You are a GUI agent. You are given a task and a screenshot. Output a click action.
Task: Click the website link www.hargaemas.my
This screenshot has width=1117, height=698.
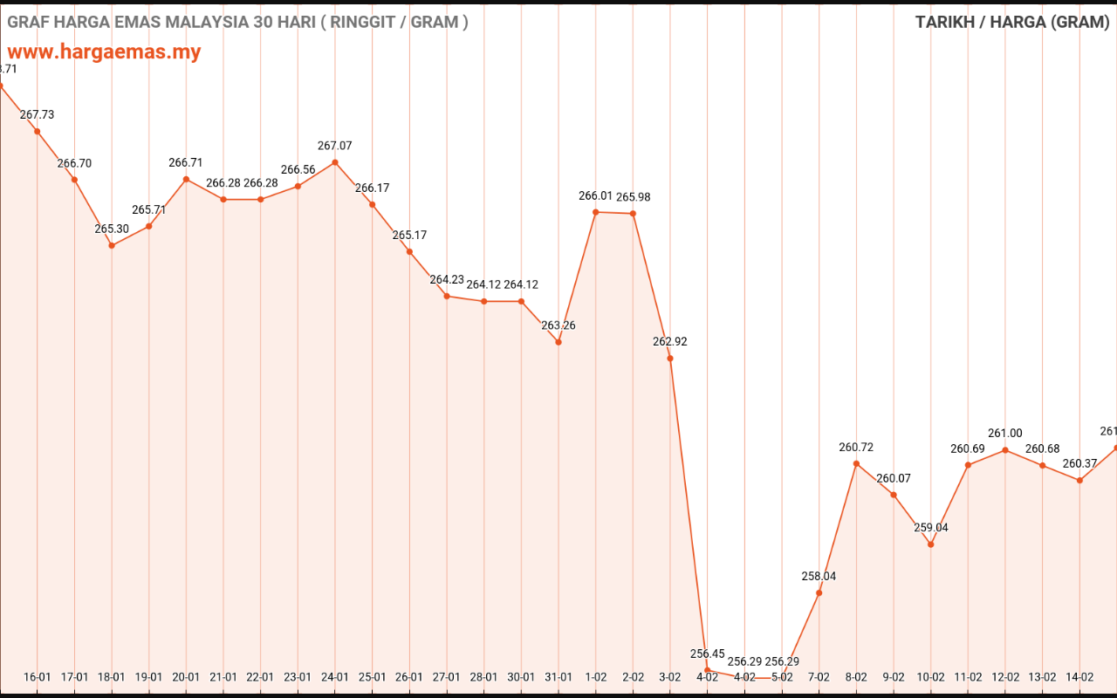[104, 51]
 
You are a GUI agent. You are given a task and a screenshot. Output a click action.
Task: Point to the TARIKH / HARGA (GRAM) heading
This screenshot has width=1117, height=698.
[1011, 22]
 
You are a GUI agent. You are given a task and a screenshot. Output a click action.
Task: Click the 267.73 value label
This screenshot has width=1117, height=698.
[37, 114]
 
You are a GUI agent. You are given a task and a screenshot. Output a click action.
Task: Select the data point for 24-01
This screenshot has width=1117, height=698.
[335, 162]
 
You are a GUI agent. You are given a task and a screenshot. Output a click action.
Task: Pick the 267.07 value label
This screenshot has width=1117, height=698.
[335, 146]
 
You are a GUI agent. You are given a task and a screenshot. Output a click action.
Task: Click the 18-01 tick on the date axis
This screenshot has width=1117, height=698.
[112, 676]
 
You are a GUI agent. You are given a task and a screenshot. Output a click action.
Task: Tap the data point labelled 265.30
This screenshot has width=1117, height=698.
[112, 245]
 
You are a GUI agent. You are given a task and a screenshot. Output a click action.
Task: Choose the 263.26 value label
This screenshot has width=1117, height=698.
[558, 325]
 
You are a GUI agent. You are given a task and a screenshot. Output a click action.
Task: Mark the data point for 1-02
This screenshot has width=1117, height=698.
[596, 212]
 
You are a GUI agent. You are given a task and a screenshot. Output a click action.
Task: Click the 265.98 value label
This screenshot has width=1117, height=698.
[633, 197]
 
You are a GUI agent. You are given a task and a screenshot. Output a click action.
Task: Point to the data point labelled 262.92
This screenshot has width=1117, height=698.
[670, 359]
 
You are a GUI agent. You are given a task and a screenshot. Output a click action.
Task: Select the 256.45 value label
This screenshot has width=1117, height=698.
[707, 654]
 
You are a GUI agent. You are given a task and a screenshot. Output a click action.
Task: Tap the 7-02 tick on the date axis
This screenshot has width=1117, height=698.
[819, 676]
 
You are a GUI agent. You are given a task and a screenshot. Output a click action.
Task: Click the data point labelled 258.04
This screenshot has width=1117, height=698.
[819, 593]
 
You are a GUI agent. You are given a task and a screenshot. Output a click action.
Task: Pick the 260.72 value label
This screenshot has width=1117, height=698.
[856, 448]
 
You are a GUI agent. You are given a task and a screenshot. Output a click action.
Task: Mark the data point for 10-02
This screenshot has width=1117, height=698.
[930, 544]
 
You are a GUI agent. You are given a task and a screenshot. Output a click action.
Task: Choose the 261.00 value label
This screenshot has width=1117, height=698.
[1005, 434]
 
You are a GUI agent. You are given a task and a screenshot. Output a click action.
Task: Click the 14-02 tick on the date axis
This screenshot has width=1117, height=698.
[1079, 676]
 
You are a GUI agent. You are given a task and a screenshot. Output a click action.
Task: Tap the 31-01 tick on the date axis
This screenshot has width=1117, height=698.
[558, 676]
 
